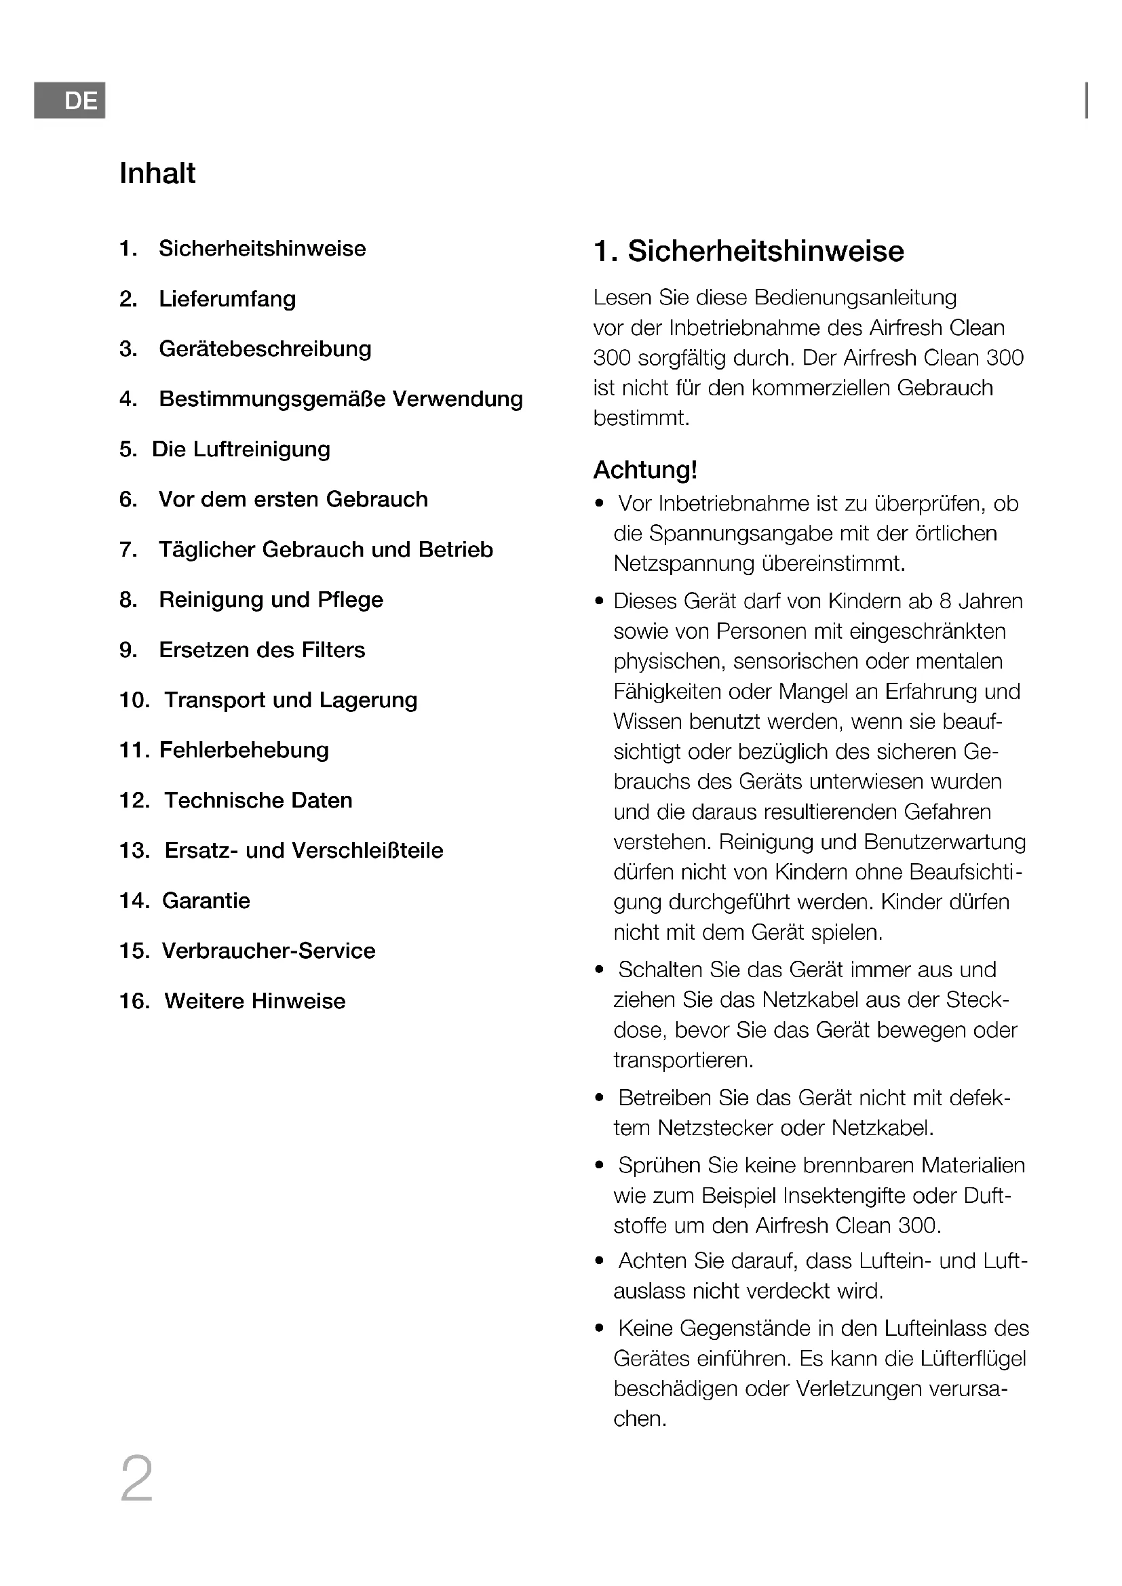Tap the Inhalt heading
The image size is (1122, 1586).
[x=157, y=174]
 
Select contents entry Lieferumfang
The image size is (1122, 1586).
[x=227, y=299]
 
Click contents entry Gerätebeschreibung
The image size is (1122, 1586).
[x=265, y=349]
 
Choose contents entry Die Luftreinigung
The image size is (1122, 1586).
[x=240, y=450]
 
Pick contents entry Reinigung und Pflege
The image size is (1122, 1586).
[x=271, y=600]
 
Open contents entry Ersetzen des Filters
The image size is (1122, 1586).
[x=262, y=650]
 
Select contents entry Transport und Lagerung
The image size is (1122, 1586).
[x=290, y=700]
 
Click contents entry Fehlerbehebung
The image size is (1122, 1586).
[x=244, y=750]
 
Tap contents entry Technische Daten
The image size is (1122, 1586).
[x=258, y=801]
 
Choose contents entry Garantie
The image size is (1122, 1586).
[x=206, y=900]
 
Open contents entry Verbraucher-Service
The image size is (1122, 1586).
[x=268, y=951]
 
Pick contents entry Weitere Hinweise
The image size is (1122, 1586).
[x=254, y=1002]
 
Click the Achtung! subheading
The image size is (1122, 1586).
[x=645, y=471]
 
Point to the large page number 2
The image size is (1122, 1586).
[x=137, y=1479]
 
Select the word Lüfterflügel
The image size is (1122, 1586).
[x=973, y=1359]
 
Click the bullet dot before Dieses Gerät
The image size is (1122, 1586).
[x=599, y=601]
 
